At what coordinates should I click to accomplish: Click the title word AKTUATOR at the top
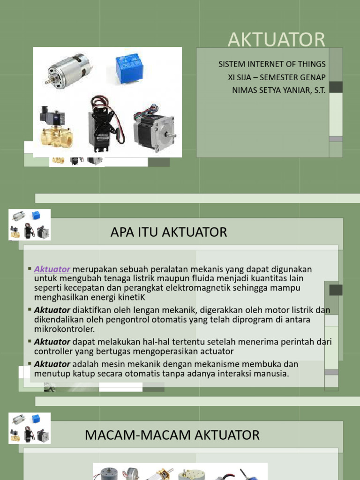tap(276, 40)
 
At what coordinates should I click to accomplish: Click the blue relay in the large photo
tap(128, 67)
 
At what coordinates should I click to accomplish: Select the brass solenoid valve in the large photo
tap(55, 127)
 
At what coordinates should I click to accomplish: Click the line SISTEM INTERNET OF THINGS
tap(272, 64)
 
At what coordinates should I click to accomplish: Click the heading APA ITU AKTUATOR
tap(169, 232)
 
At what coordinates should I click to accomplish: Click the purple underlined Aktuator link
tap(52, 270)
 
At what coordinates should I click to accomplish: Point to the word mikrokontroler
tap(65, 329)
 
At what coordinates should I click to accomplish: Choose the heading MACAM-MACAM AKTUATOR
tap(172, 435)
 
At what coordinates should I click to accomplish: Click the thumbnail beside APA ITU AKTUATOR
tap(30, 225)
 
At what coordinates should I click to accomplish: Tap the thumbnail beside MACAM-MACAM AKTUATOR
tap(30, 428)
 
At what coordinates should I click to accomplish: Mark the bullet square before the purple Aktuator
tap(30, 269)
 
